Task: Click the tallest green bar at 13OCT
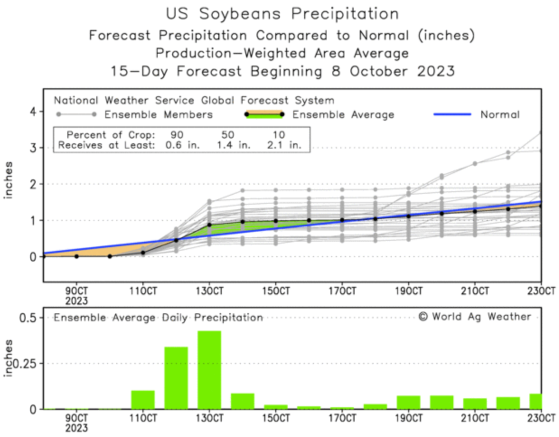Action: pyautogui.click(x=209, y=370)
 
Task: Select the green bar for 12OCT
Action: pyautogui.click(x=176, y=378)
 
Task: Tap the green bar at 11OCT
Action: pyautogui.click(x=143, y=399)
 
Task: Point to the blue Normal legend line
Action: pyautogui.click(x=452, y=114)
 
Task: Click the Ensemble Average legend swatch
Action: pyautogui.click(x=264, y=114)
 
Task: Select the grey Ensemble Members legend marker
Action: pyautogui.click(x=76, y=114)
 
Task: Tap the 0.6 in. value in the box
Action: pyautogui.click(x=183, y=146)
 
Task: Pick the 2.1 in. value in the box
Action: pyautogui.click(x=283, y=146)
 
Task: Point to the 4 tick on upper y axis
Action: pyautogui.click(x=33, y=111)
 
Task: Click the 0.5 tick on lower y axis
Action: pyautogui.click(x=28, y=318)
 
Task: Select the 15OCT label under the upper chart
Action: pyautogui.click(x=276, y=291)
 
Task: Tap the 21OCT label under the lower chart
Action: pyautogui.click(x=474, y=418)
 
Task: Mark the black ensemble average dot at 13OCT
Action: pyautogui.click(x=209, y=225)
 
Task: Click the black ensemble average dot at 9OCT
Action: pyautogui.click(x=76, y=256)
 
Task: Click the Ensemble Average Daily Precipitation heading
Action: pyautogui.click(x=158, y=318)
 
